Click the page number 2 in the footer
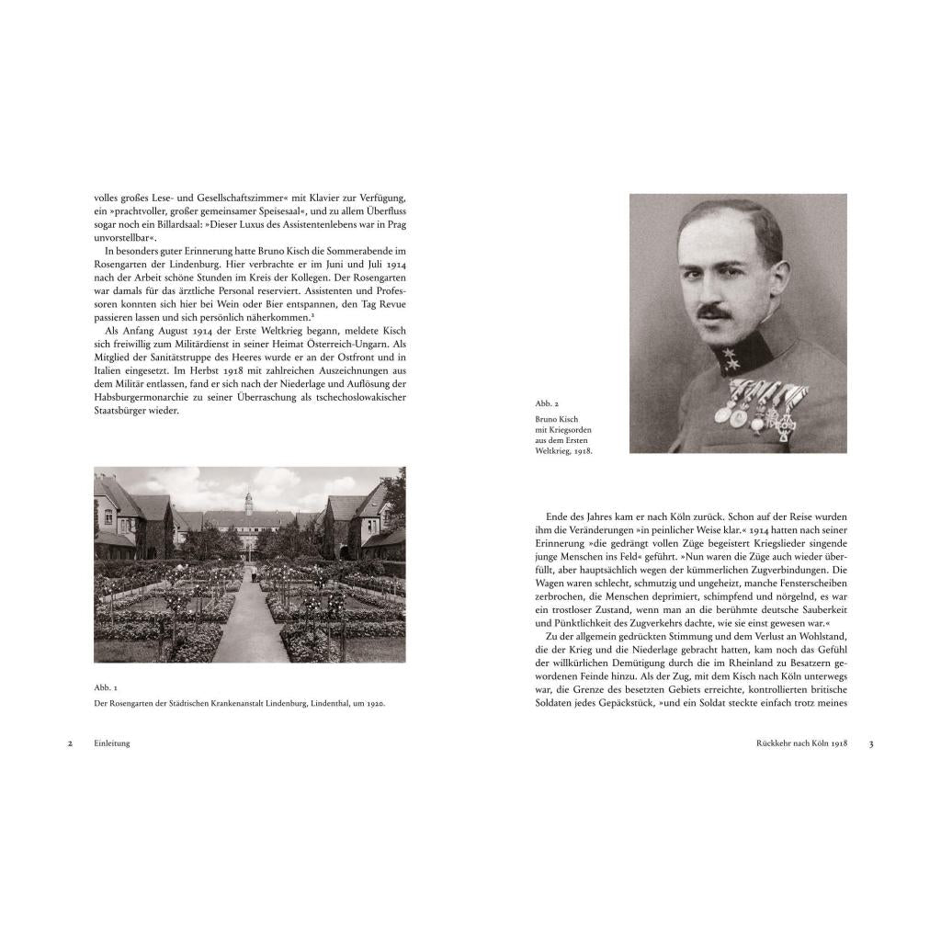tap(70, 743)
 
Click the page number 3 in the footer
tap(871, 743)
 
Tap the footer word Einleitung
tap(112, 743)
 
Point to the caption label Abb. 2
tap(548, 402)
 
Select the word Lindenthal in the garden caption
tap(334, 703)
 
